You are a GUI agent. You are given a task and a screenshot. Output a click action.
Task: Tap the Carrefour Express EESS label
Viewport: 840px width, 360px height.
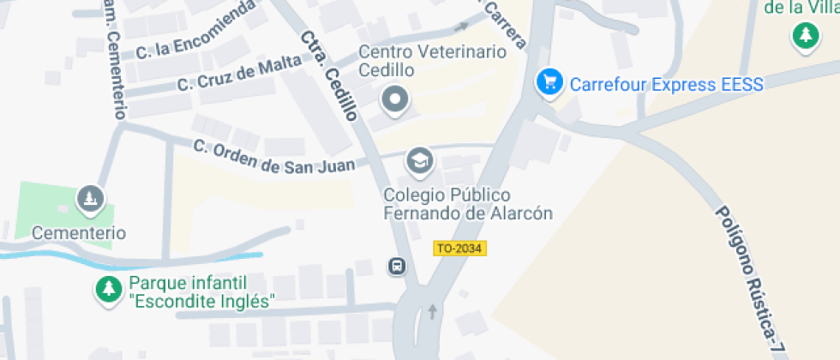coord(666,84)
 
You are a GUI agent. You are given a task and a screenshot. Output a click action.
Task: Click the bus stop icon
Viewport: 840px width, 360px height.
coord(398,266)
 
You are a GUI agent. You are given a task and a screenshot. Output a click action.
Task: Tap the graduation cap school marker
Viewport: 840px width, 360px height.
coord(419,160)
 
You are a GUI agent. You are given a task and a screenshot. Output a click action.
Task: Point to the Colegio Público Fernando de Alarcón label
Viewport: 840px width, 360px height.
coord(467,204)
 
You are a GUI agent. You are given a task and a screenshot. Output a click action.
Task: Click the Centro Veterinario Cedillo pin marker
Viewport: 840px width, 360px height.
coord(395,99)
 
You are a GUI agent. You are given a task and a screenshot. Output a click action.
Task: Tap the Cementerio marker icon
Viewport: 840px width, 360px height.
coord(90,200)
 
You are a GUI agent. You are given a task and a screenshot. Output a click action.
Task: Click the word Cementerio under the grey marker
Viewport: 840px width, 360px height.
coord(79,232)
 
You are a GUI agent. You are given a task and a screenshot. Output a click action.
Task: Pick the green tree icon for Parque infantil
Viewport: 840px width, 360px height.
coord(108,289)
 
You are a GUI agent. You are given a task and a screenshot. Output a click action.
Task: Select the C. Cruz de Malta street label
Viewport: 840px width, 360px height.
coord(239,72)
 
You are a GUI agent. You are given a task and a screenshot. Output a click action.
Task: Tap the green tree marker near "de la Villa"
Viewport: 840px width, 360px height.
coord(805,36)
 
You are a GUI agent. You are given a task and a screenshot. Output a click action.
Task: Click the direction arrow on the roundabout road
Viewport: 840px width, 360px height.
coord(432,311)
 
